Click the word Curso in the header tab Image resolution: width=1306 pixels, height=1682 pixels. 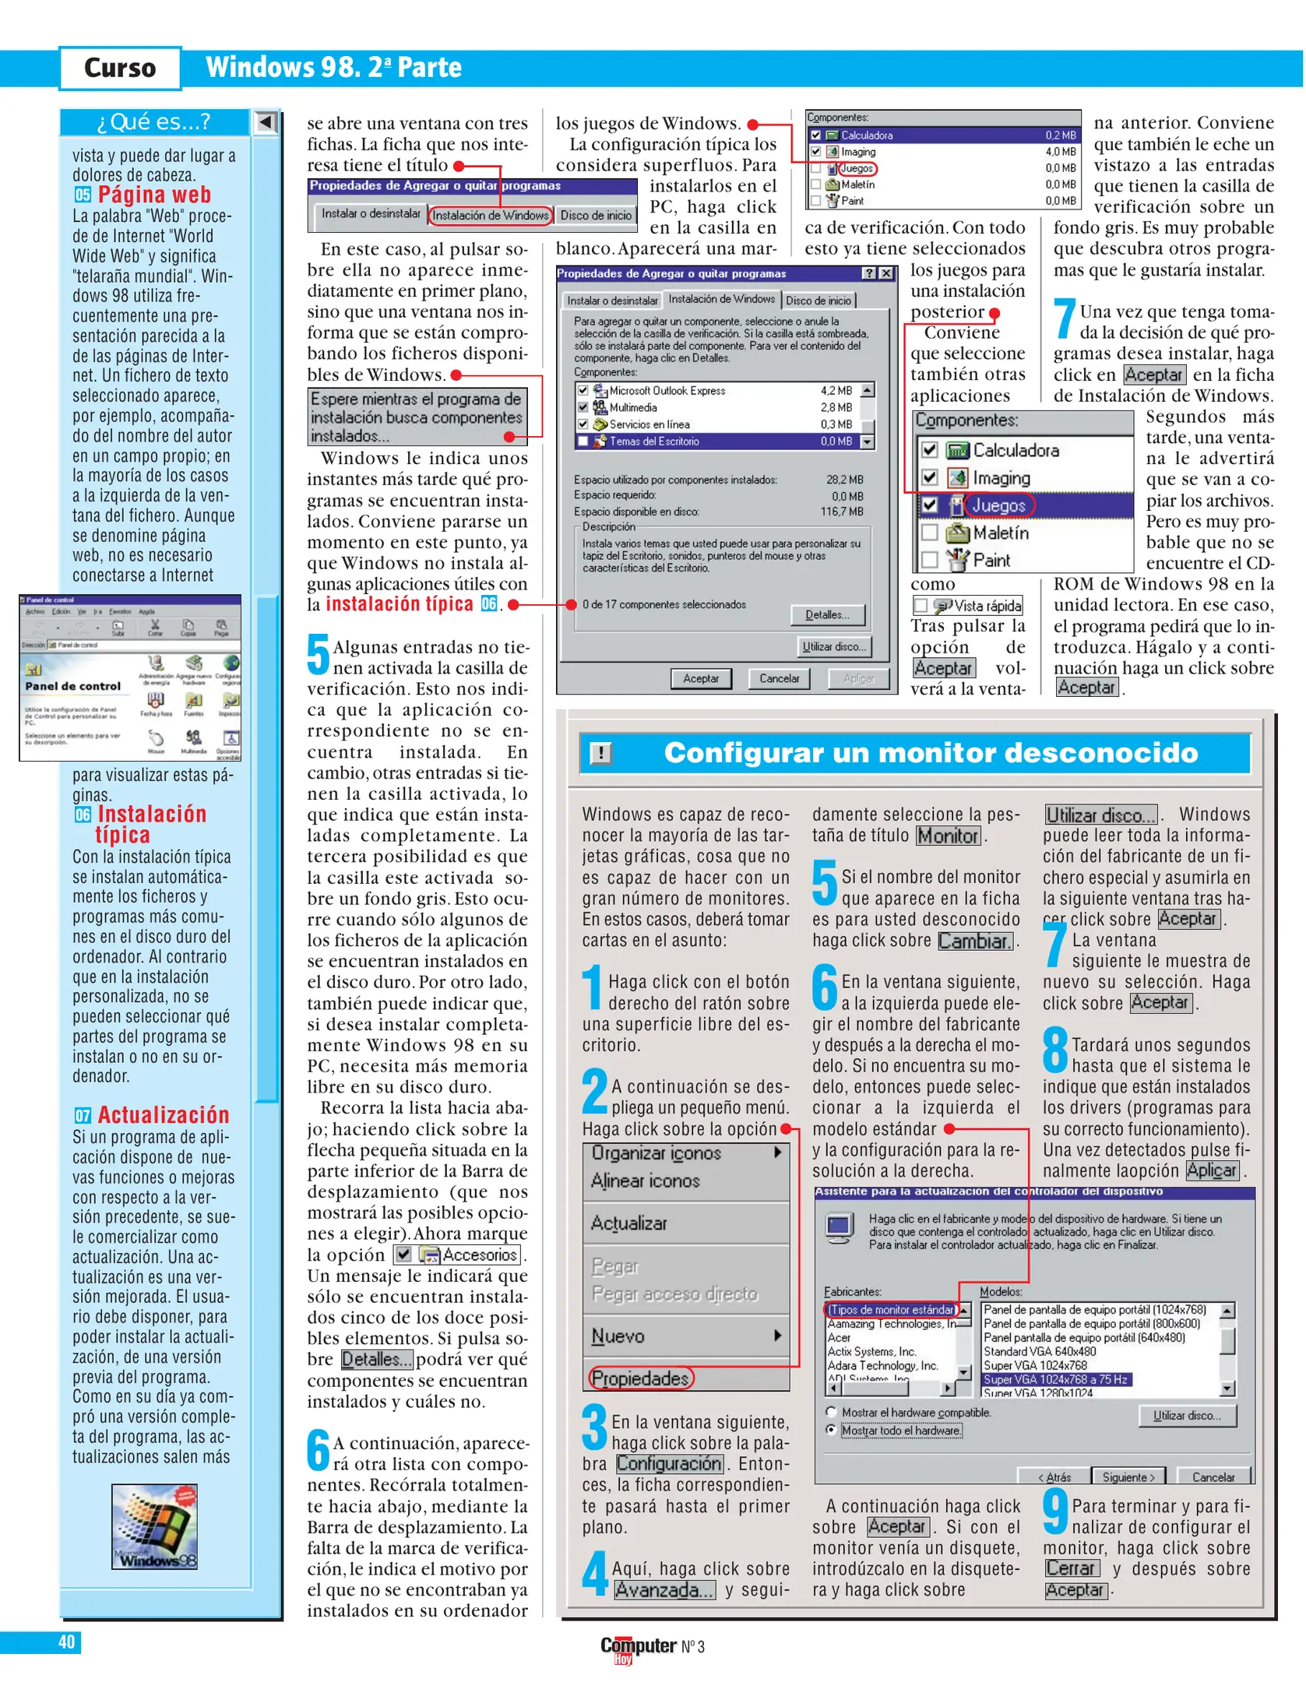pos(120,69)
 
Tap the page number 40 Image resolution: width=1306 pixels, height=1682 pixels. pos(66,1642)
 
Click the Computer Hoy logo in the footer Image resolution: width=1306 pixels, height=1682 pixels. pos(638,1646)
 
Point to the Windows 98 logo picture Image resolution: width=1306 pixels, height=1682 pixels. pos(154,1525)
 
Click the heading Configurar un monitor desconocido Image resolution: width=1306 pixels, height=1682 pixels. pos(930,752)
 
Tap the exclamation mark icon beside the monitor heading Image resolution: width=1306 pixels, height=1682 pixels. pos(600,753)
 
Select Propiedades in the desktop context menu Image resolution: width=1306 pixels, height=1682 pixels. pos(640,1378)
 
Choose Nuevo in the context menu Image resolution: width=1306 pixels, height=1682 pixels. pos(618,1336)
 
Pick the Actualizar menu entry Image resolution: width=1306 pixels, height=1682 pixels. pos(629,1223)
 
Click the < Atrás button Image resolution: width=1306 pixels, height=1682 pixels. pos(1054,1477)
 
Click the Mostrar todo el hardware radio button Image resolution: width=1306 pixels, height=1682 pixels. pos(832,1430)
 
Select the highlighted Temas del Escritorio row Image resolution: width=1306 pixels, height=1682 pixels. pos(654,442)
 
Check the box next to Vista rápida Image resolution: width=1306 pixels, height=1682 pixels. pos(921,605)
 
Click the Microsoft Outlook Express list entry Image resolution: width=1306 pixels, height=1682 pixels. pos(667,391)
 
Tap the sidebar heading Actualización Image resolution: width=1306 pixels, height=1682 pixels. pos(163,1115)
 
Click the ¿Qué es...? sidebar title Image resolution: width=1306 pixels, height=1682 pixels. pos(153,122)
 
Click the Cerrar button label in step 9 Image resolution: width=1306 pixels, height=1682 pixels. pos(1070,1568)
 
